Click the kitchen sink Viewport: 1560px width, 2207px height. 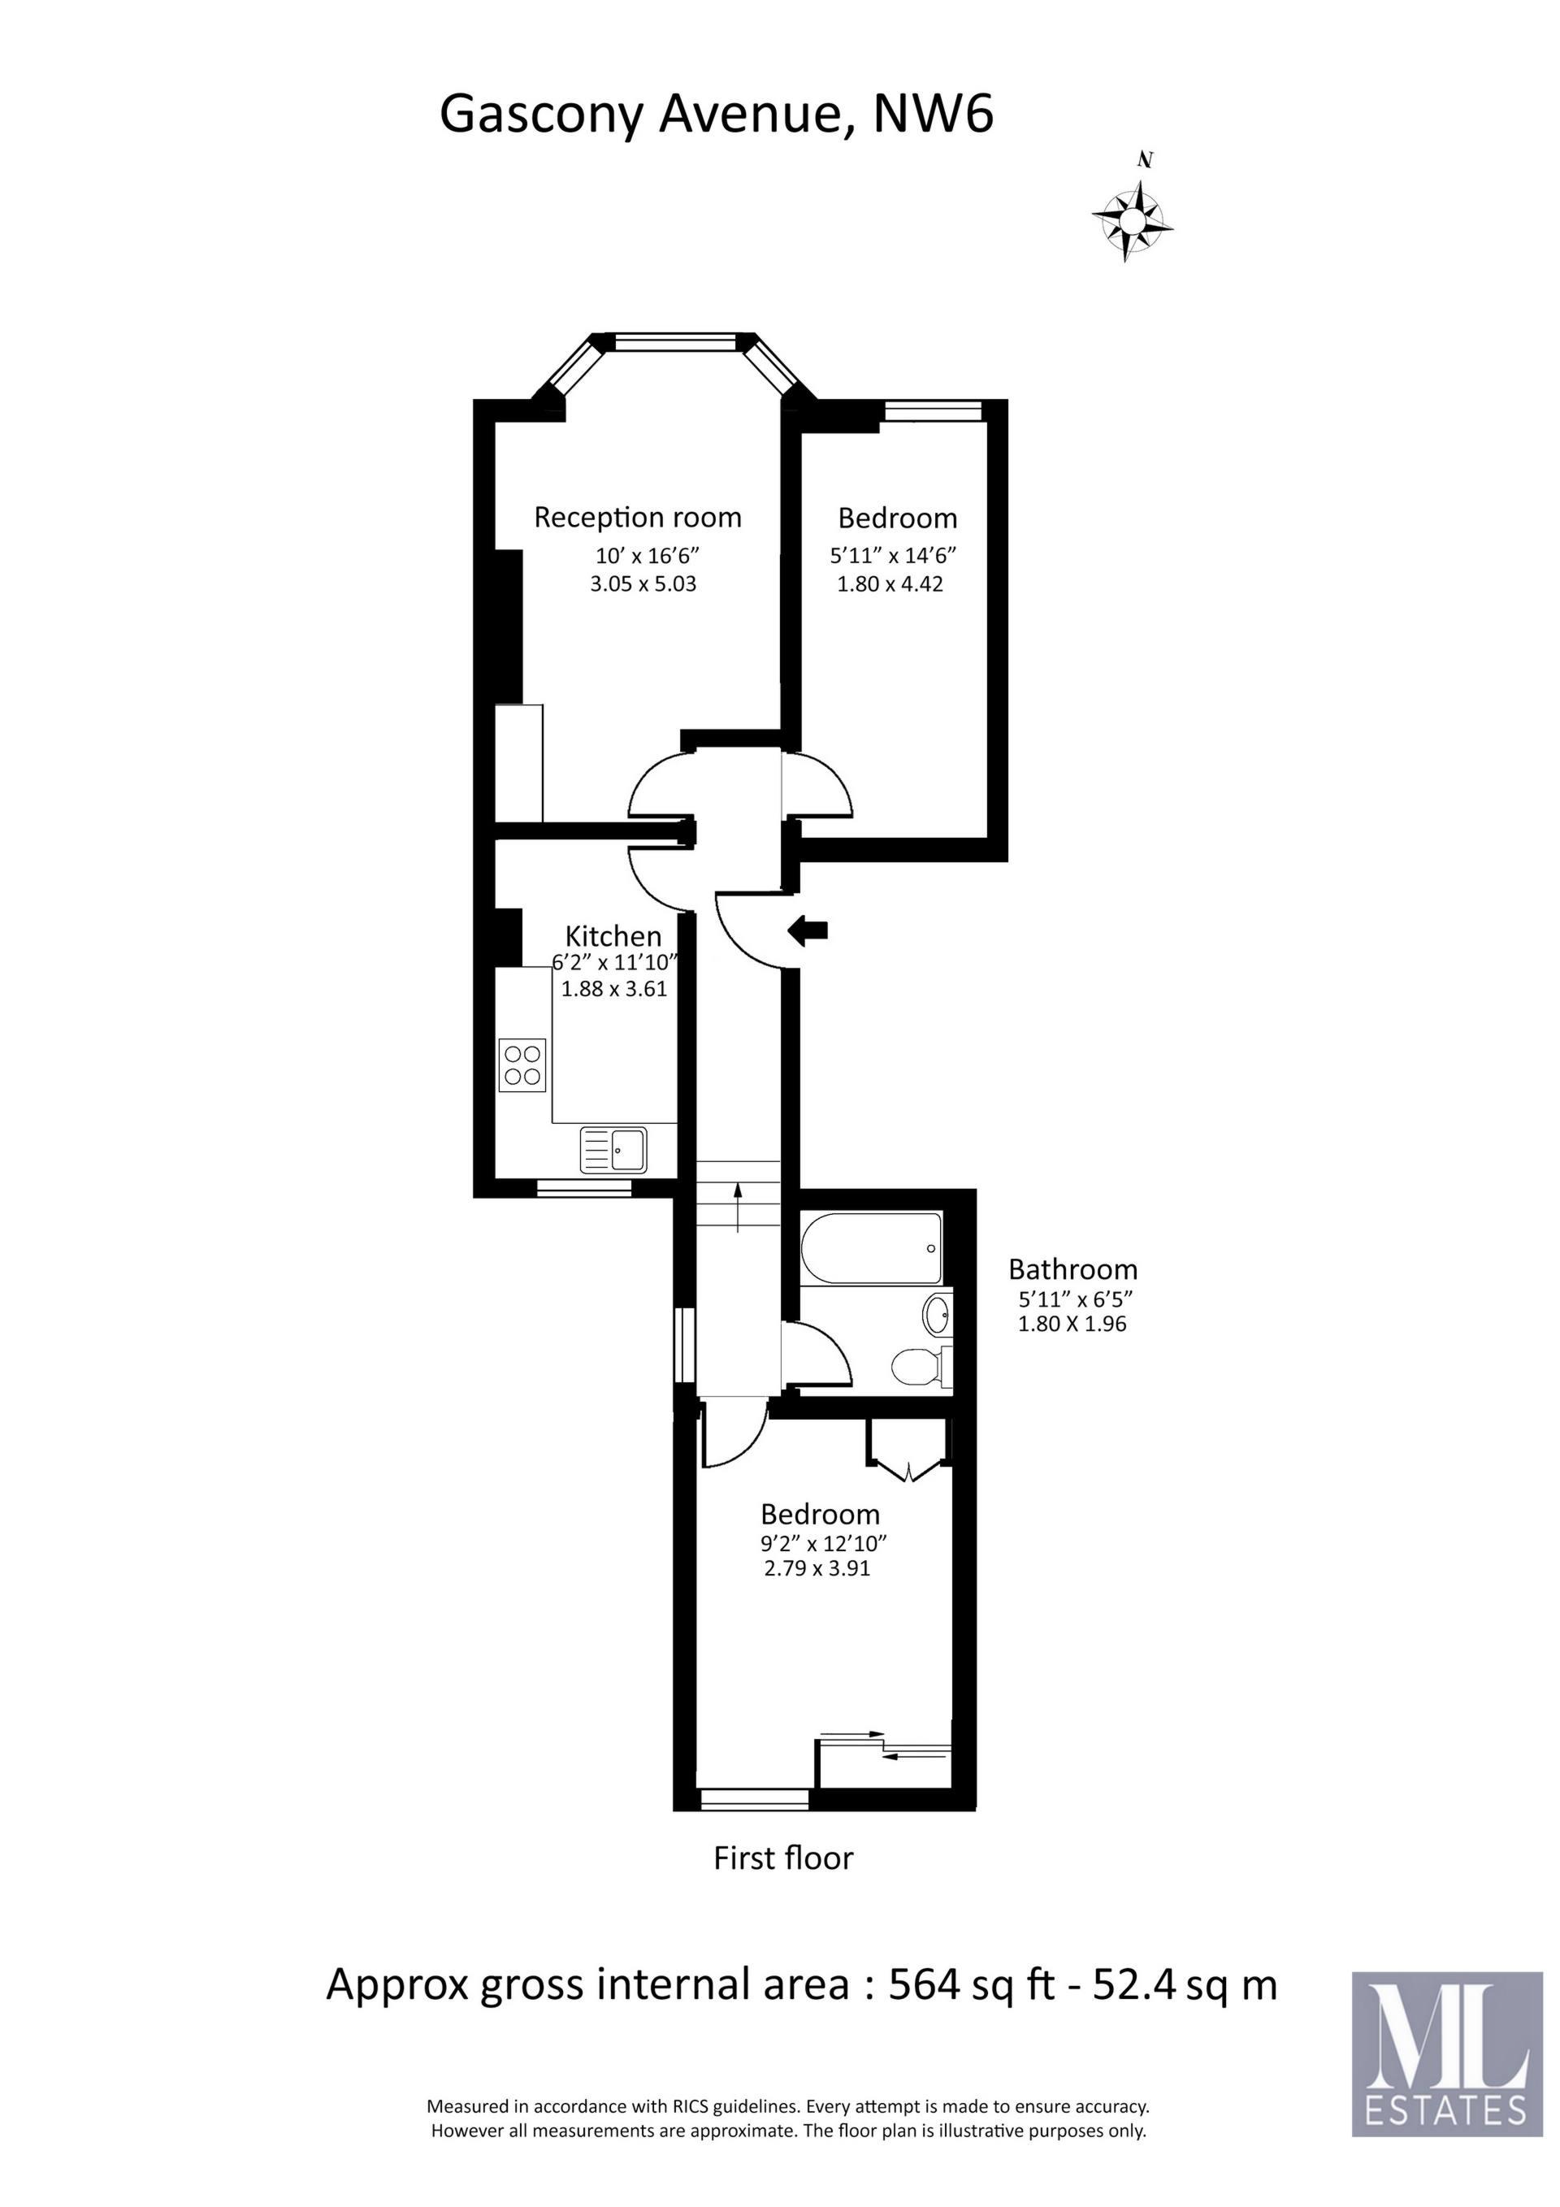(614, 1149)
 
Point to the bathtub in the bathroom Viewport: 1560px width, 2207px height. (870, 1247)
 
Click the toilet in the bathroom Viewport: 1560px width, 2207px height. (919, 1366)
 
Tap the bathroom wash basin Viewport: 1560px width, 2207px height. (937, 1314)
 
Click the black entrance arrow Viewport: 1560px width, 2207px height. (808, 930)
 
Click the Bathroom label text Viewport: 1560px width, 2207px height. (1072, 1268)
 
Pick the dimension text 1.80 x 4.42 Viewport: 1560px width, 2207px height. (890, 583)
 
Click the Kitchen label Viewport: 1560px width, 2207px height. (613, 935)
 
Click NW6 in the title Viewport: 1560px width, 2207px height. (933, 115)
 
